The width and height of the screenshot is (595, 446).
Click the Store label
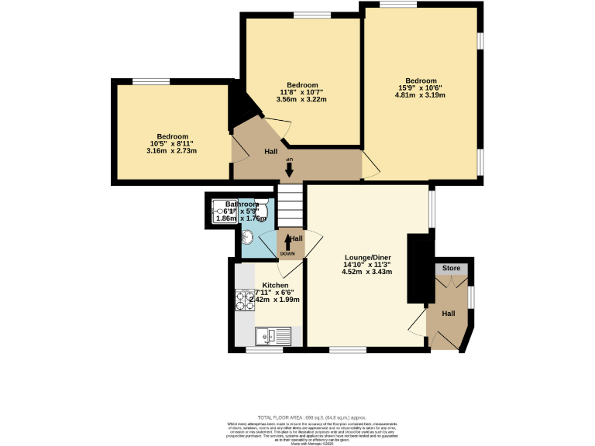click(x=452, y=269)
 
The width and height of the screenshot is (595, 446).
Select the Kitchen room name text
click(x=275, y=285)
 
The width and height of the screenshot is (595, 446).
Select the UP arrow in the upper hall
click(x=289, y=167)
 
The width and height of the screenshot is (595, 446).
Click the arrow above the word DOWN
click(x=287, y=242)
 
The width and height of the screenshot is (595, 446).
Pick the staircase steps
click(x=289, y=205)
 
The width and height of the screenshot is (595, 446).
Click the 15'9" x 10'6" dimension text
click(x=421, y=88)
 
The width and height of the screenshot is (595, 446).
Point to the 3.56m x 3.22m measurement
click(x=302, y=100)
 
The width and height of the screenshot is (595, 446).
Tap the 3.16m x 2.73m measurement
click(x=171, y=151)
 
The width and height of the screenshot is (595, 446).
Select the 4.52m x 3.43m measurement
click(x=368, y=272)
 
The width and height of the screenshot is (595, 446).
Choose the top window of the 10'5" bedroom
click(x=151, y=81)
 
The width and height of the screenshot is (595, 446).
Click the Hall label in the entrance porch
click(x=449, y=314)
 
